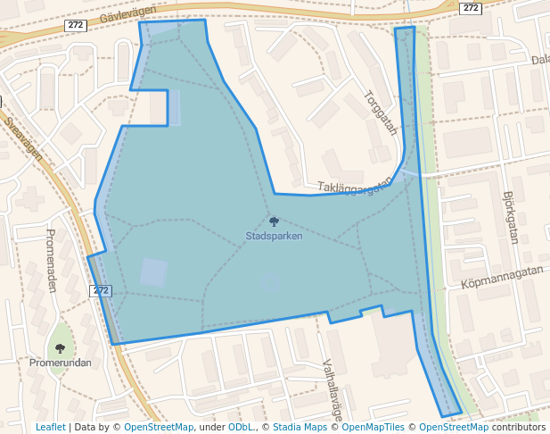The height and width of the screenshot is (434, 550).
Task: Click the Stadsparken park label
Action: click(274, 237)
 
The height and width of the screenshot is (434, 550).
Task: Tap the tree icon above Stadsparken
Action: click(274, 221)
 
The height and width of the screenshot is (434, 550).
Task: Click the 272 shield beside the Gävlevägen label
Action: click(76, 26)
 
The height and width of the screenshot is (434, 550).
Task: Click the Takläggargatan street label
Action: click(355, 186)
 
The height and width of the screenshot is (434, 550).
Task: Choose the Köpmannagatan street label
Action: click(502, 276)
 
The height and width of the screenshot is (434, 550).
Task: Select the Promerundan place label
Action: click(60, 363)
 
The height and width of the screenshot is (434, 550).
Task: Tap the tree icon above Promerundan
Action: click(60, 348)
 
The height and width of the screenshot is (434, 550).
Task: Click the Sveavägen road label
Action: click(23, 138)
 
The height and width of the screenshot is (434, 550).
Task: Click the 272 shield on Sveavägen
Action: click(101, 291)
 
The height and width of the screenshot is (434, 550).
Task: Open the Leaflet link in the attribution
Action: click(51, 428)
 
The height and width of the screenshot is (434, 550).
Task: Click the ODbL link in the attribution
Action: click(241, 428)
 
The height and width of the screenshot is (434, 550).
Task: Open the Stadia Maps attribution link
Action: click(300, 428)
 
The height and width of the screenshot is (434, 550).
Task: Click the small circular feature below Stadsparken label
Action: click(271, 284)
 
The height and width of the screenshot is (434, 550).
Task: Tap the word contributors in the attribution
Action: click(519, 428)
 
